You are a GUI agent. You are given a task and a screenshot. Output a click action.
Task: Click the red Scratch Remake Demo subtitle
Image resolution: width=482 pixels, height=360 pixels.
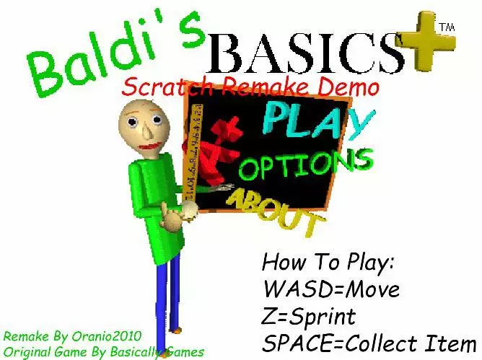(250, 88)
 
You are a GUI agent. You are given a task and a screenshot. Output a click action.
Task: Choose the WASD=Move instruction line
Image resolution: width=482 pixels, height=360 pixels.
(330, 289)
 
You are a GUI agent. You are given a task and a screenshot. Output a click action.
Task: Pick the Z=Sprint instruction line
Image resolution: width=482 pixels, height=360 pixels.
(309, 316)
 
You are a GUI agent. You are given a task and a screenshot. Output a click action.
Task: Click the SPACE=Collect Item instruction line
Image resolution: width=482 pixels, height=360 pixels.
(369, 343)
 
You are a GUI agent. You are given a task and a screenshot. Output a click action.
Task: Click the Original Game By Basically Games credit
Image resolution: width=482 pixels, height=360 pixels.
(103, 351)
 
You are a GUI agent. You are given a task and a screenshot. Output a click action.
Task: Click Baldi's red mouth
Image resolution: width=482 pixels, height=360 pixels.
(149, 147)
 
